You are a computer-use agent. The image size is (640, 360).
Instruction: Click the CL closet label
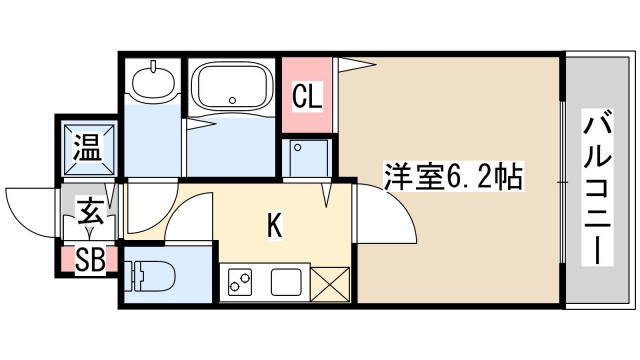tap(308, 97)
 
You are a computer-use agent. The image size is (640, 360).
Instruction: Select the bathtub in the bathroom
tap(232, 87)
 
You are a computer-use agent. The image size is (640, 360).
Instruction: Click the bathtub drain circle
tap(232, 100)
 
